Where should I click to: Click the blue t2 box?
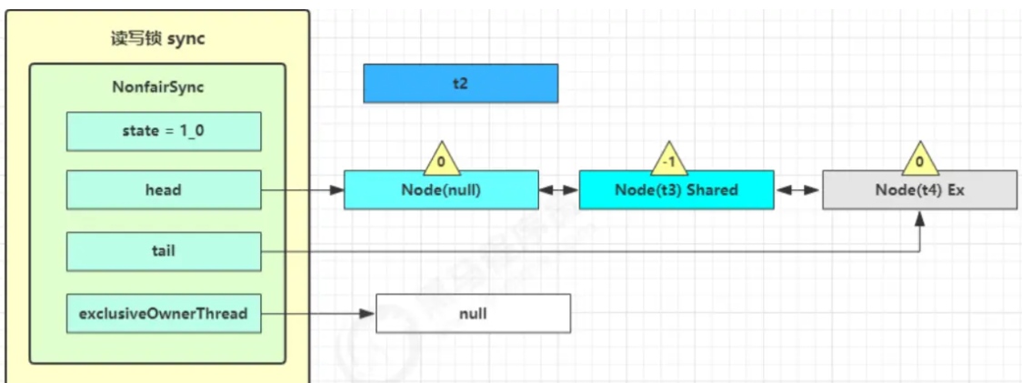(460, 83)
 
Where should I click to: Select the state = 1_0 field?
(164, 131)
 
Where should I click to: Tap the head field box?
(164, 190)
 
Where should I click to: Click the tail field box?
(164, 251)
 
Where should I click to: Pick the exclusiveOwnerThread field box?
(164, 314)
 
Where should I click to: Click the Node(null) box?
(441, 190)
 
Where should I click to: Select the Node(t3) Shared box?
(676, 190)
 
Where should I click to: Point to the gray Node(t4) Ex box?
(919, 190)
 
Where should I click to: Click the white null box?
(473, 314)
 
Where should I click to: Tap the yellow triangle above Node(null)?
(441, 160)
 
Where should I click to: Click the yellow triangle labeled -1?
(669, 160)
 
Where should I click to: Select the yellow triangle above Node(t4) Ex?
(919, 160)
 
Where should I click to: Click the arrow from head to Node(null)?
(303, 190)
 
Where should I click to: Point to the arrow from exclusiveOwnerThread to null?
(319, 314)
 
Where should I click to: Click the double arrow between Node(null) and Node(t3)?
(559, 190)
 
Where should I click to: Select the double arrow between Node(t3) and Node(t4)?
(798, 190)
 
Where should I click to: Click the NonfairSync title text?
(157, 88)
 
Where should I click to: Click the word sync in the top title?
(186, 38)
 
